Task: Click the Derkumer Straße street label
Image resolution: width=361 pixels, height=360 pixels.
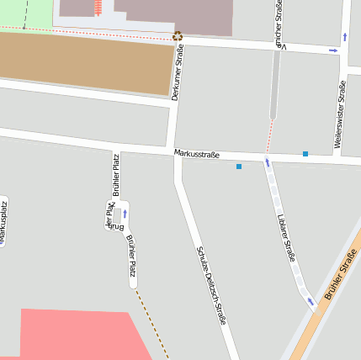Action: coord(177,73)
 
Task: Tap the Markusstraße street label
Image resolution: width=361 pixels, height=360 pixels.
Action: coord(197,154)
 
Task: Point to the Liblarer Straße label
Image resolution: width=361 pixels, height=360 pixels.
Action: coord(286,238)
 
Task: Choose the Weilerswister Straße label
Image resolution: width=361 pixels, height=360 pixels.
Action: coord(340,114)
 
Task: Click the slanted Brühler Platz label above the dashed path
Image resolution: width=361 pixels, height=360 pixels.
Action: coord(130,257)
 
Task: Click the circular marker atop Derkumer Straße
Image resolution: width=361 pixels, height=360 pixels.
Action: coord(177,36)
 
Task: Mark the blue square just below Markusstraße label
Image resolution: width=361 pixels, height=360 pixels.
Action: coord(239,167)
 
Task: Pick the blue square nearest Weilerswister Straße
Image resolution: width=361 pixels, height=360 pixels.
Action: coord(305,154)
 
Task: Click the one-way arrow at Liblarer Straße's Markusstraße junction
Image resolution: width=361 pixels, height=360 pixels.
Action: coord(268,162)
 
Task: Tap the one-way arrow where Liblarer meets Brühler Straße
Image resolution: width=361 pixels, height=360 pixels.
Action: coord(311,300)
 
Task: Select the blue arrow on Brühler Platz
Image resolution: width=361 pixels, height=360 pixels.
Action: coord(125,214)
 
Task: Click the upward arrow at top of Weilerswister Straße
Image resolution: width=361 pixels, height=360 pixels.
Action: coord(345,37)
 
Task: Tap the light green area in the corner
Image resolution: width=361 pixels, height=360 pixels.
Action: coord(25,12)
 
